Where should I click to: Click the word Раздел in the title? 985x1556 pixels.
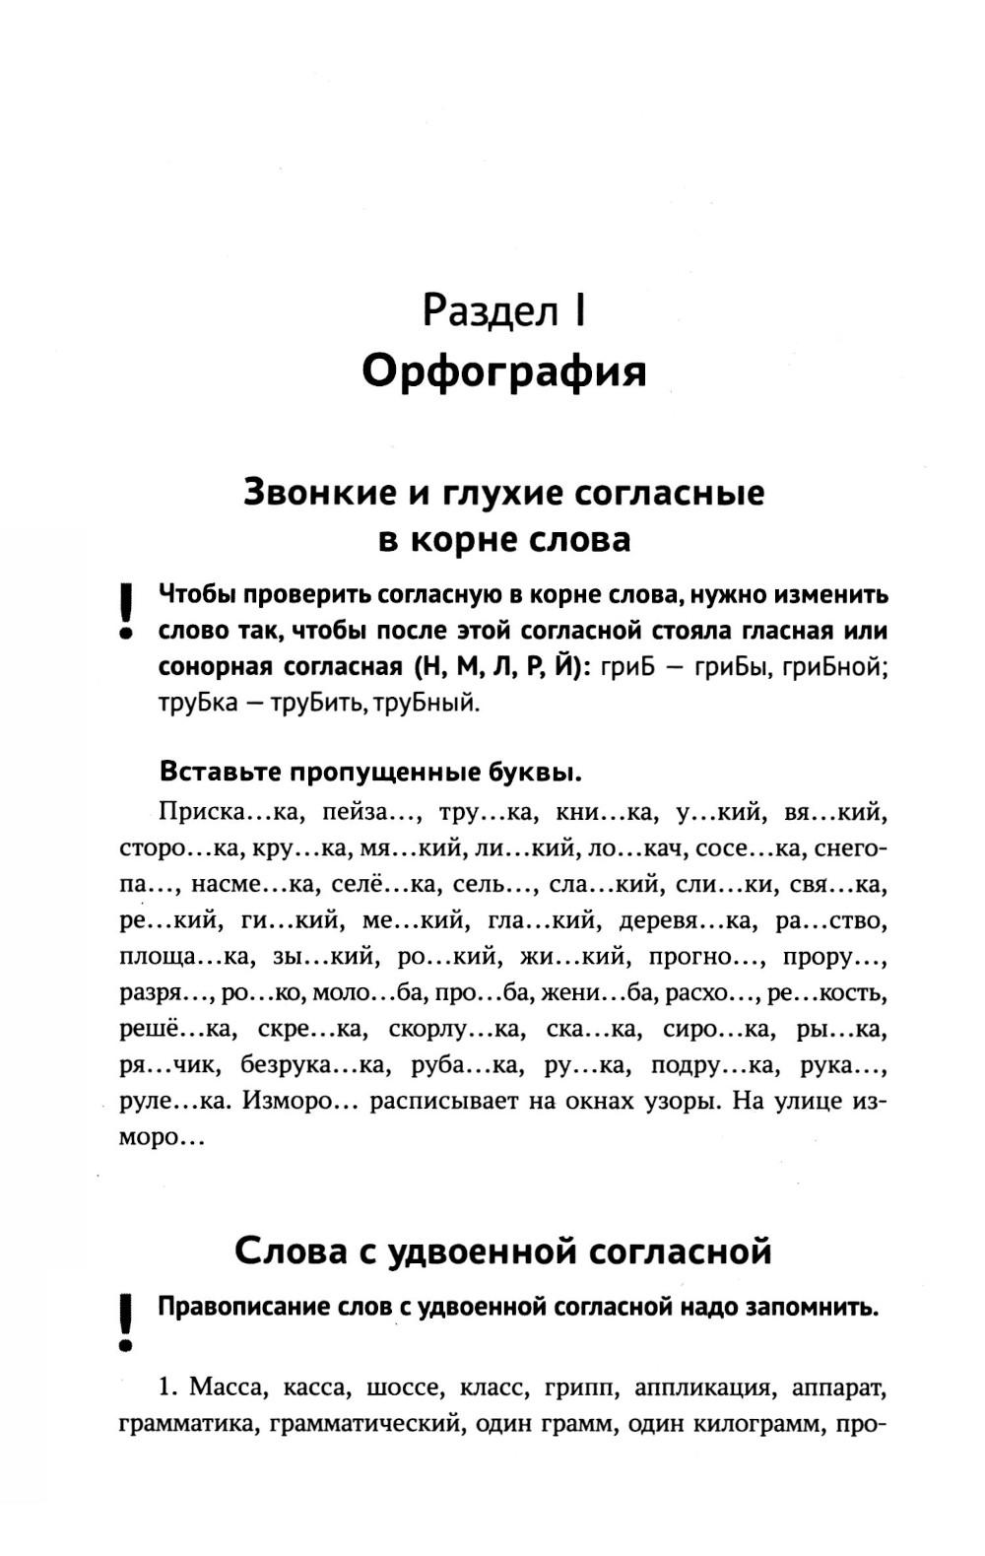click(x=489, y=311)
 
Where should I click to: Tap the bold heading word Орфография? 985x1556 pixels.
click(x=503, y=372)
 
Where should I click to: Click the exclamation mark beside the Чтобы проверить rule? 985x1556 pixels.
click(x=125, y=612)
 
